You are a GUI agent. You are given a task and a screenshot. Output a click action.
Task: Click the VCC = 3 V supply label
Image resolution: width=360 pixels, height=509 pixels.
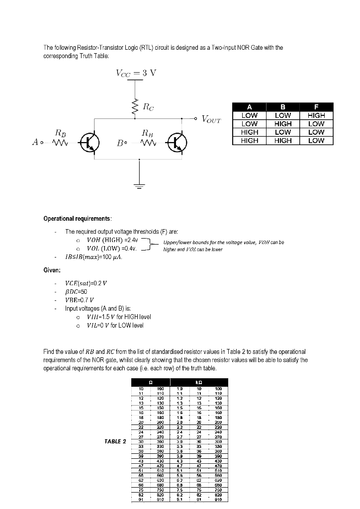coord(136,73)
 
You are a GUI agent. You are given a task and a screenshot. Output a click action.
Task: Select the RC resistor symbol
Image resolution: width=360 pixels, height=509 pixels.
coord(134,106)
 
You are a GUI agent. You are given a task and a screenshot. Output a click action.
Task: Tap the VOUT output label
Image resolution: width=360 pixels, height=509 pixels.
coord(211,120)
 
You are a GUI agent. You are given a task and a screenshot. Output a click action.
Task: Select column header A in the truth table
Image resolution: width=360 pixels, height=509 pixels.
coord(249,107)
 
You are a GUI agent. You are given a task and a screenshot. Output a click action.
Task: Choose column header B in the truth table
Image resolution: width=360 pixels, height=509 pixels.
coord(282,107)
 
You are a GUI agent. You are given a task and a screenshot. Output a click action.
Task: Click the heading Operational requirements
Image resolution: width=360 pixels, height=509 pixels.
coord(78,219)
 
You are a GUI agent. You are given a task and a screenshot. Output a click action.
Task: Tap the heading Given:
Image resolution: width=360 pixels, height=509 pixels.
coord(52,270)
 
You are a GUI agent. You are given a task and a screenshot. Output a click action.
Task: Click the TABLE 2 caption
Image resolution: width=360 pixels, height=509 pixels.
coord(115,441)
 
